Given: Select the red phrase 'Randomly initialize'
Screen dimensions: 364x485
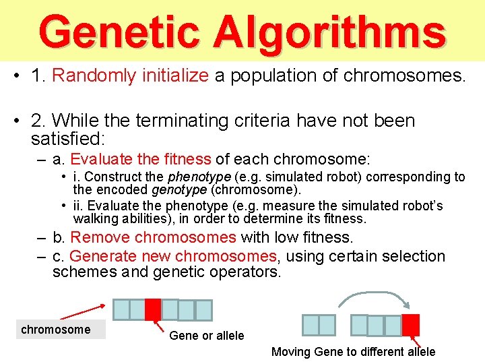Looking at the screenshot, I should (130, 75).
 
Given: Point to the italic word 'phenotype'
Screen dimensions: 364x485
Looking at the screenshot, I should (195, 177).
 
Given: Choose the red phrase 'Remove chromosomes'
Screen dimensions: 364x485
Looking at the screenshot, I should (153, 237).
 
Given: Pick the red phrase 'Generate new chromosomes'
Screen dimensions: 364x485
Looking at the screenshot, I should (173, 256).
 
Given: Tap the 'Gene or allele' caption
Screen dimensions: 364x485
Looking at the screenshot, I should (207, 336).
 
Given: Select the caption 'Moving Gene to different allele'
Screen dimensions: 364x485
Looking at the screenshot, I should (353, 351).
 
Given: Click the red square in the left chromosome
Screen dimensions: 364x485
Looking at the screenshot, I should (153, 309).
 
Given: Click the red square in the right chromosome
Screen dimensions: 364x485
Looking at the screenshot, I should (410, 324).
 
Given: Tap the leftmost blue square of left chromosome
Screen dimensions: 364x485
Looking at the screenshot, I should (121, 309).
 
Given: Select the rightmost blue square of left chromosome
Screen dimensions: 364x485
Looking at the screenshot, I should (203, 309).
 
